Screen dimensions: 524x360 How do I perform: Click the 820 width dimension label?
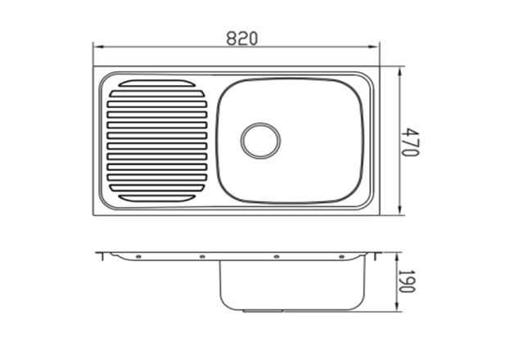(242, 38)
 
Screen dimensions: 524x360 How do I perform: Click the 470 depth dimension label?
(409, 142)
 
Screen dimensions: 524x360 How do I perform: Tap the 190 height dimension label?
(407, 281)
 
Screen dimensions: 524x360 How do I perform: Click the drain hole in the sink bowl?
(260, 140)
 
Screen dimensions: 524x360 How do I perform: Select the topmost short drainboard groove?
(156, 83)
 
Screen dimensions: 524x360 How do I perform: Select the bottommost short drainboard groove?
(156, 198)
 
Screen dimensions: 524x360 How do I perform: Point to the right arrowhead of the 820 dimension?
(374, 47)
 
